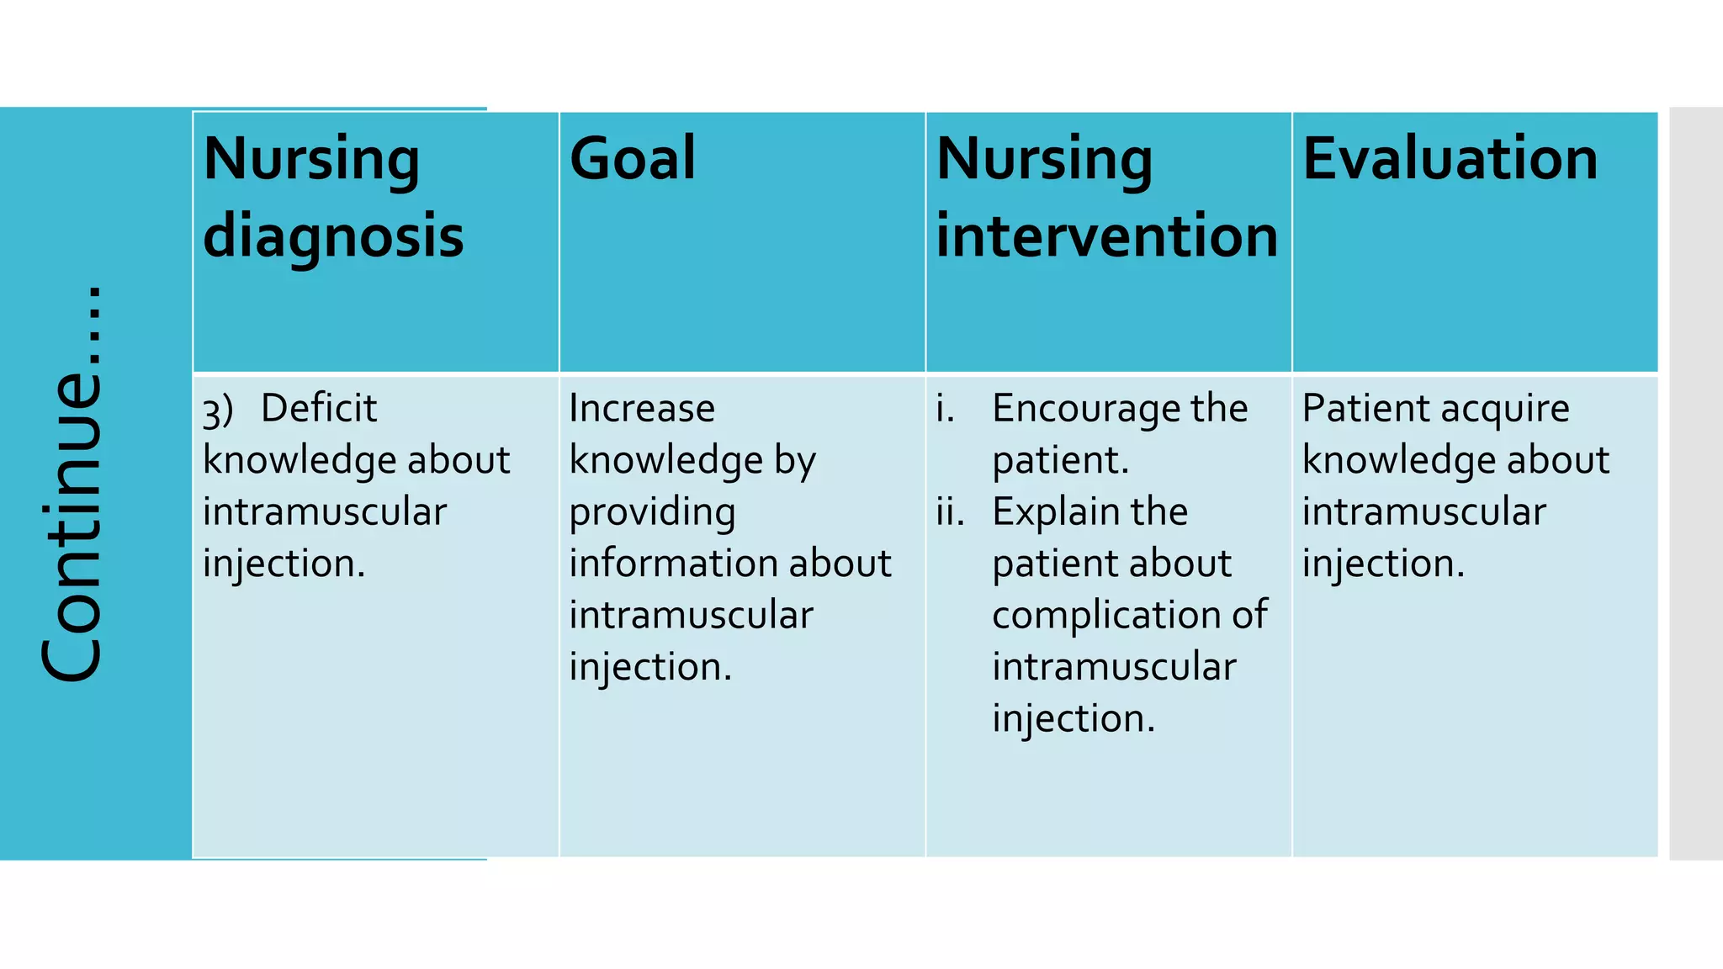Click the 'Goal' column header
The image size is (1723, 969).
tap(633, 158)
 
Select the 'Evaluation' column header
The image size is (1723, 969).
tap(1450, 158)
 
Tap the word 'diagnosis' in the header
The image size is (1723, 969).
tap(333, 236)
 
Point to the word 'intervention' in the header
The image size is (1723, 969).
tap(1106, 236)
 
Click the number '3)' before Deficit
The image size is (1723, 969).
tap(217, 411)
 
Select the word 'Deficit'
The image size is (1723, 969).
tap(319, 409)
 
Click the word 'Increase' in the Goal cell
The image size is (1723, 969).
tap(642, 409)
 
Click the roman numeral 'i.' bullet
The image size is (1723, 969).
tap(945, 409)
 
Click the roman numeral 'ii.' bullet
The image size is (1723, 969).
tap(950, 512)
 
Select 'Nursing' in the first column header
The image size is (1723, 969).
tap(311, 160)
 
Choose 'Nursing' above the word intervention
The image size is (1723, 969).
tap(1044, 160)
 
